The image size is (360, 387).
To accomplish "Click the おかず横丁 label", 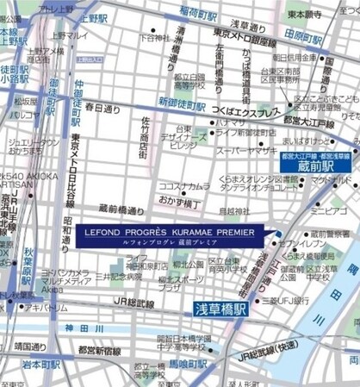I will (177, 199).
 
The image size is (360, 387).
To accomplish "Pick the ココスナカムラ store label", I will (183, 185).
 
